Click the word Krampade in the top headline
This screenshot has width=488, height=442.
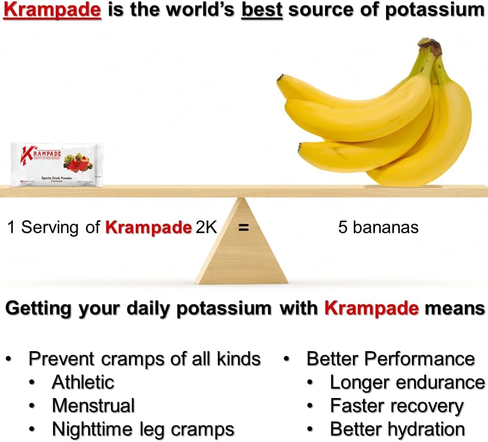click(x=52, y=10)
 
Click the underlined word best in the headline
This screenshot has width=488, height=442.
click(x=262, y=10)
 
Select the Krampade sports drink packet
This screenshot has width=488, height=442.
click(x=57, y=165)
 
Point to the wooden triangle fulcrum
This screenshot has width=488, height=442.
click(x=242, y=254)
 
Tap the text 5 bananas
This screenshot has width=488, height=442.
click(x=378, y=228)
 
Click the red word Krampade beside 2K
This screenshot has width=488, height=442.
click(x=148, y=228)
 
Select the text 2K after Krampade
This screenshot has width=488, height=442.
click(x=206, y=228)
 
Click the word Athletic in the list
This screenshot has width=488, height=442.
click(x=83, y=382)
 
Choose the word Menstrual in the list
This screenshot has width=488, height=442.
click(x=93, y=405)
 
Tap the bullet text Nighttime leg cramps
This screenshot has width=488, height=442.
click(x=143, y=429)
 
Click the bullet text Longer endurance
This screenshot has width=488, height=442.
click(x=407, y=382)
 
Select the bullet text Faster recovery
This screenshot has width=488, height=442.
click(x=396, y=406)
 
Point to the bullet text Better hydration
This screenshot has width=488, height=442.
click(x=397, y=429)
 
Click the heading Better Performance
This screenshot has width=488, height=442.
click(x=390, y=359)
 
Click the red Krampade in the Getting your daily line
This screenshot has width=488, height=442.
click(x=371, y=308)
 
